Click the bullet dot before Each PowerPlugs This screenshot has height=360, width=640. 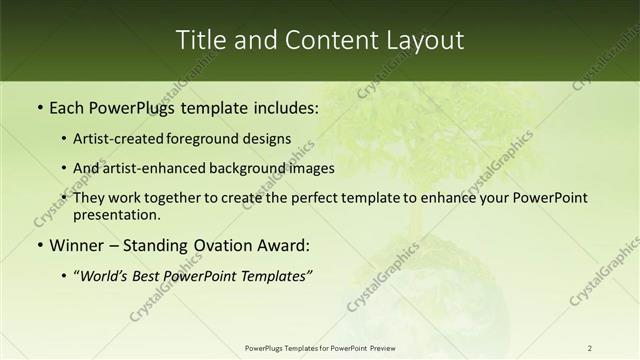[x=38, y=105]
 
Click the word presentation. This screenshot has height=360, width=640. [x=116, y=214]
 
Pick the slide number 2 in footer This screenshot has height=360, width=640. [x=590, y=348]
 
